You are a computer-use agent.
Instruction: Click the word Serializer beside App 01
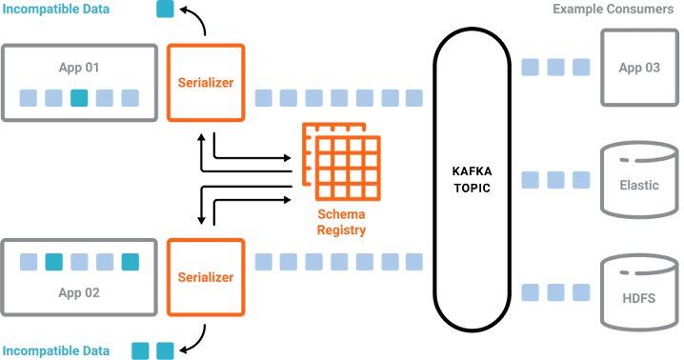pyautogui.click(x=206, y=83)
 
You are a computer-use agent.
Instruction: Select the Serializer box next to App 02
pyautogui.click(x=206, y=277)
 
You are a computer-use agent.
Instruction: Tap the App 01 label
pyautogui.click(x=79, y=68)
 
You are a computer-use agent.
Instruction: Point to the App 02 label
pyautogui.click(x=79, y=292)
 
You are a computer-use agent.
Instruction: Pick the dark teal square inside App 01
pyautogui.click(x=79, y=97)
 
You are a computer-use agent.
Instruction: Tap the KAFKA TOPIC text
pyautogui.click(x=471, y=179)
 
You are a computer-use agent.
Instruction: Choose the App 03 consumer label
pyautogui.click(x=638, y=68)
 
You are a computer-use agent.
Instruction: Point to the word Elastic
pyautogui.click(x=638, y=185)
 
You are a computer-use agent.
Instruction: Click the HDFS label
pyautogui.click(x=638, y=297)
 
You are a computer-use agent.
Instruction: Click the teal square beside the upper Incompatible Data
pyautogui.click(x=165, y=10)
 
